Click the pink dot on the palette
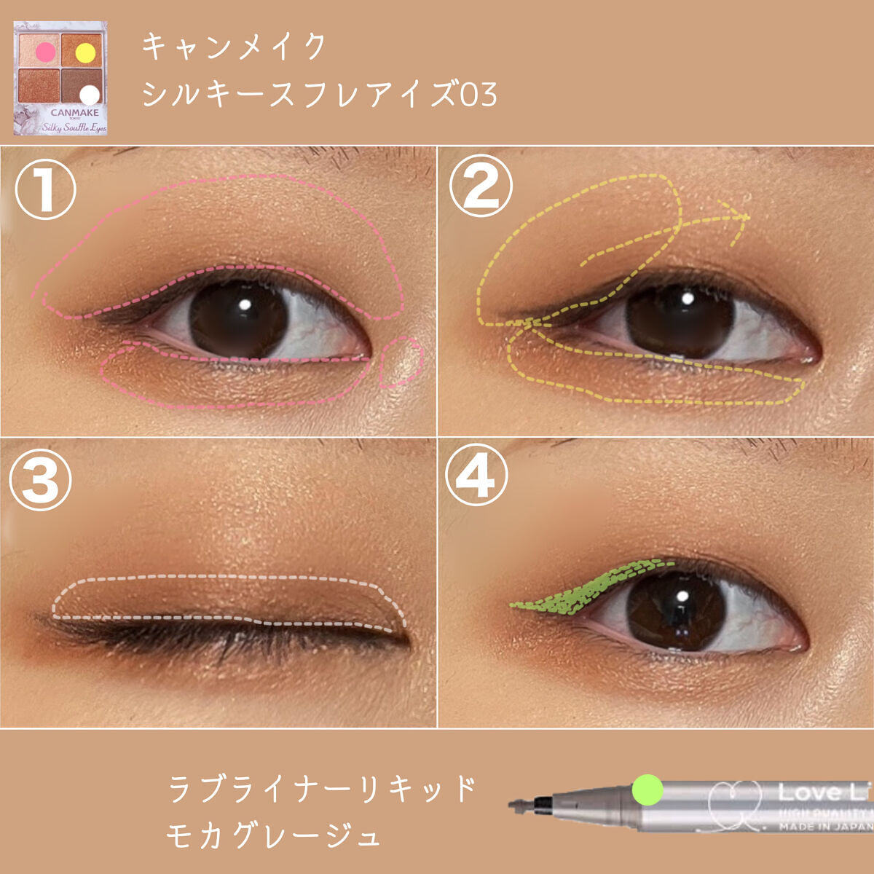click(45, 51)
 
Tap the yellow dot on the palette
click(86, 52)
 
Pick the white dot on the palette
click(89, 95)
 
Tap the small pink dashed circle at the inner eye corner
click(401, 362)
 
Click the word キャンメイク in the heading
click(235, 47)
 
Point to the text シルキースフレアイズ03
click(319, 95)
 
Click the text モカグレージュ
click(274, 835)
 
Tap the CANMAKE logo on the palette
click(74, 113)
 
